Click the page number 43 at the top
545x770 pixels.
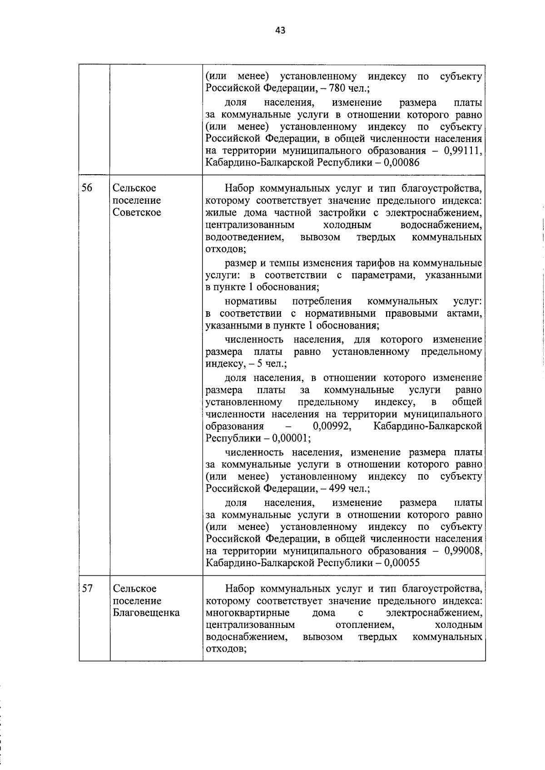(280, 31)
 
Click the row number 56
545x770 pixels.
(87, 188)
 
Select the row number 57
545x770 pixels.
(87, 589)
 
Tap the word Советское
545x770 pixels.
(137, 213)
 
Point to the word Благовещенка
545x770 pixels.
(146, 613)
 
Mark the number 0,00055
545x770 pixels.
(401, 563)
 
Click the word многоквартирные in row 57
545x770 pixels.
(248, 613)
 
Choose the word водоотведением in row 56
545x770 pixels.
(245, 237)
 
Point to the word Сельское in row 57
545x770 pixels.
(134, 589)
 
